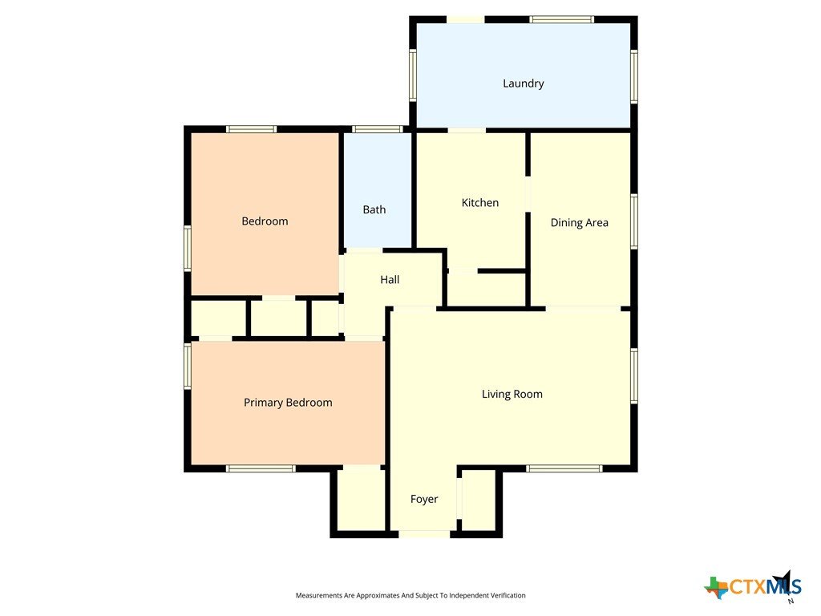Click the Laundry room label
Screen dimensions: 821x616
point(523,83)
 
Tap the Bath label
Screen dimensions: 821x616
point(374,209)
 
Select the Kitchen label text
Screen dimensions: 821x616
point(479,203)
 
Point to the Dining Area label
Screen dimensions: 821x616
point(579,223)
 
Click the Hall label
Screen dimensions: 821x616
point(390,280)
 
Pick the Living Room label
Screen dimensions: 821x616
point(512,394)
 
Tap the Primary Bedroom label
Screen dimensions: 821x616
point(288,403)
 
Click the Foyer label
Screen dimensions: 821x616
point(423,499)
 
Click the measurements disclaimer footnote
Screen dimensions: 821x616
point(410,595)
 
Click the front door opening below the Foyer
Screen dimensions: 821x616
point(424,534)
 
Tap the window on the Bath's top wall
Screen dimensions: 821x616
point(377,129)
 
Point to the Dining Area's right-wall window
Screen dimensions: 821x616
point(634,221)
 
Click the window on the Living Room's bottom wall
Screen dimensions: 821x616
point(564,468)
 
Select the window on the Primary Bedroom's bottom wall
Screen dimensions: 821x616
point(261,468)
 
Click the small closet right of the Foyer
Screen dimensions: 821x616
point(479,500)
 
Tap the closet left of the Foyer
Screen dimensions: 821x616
point(361,498)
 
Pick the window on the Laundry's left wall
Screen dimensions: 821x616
point(413,75)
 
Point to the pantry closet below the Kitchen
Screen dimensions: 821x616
point(487,289)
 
